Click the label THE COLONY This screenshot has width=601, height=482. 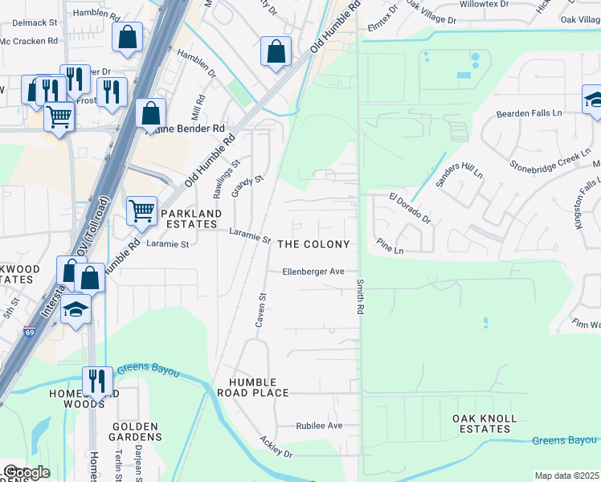click(x=313, y=244)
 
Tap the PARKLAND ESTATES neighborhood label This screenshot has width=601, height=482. click(x=189, y=219)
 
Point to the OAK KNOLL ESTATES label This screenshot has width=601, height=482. click(x=484, y=424)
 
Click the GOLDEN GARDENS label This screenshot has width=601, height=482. click(x=137, y=432)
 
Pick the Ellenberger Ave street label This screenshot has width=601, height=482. click(x=313, y=272)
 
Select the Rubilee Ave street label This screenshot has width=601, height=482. click(x=319, y=426)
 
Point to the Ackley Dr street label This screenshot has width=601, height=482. click(x=276, y=448)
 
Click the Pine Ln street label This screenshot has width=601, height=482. click(x=390, y=251)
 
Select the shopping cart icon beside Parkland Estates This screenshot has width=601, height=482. click(x=141, y=210)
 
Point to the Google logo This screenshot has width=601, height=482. click(x=26, y=472)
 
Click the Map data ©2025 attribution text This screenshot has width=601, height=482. click(x=566, y=476)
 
